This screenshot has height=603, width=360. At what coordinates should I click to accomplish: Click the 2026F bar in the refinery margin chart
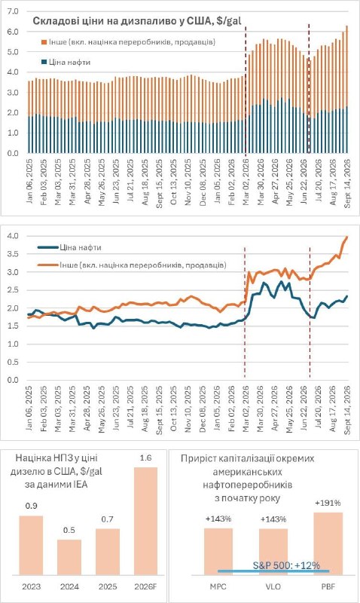tap(145, 521)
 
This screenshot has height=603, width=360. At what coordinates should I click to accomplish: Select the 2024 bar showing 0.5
tap(69, 557)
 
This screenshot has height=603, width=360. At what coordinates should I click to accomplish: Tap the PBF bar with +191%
tap(328, 543)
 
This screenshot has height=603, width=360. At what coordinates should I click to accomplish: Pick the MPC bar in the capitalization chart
tap(218, 552)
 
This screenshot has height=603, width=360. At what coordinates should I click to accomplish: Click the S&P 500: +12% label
tap(287, 565)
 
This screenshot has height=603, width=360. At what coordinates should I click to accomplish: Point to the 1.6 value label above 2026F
tap(146, 458)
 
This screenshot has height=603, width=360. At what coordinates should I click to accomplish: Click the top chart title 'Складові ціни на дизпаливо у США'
tap(130, 21)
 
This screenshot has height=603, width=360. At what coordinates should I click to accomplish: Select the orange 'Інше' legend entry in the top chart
tap(128, 42)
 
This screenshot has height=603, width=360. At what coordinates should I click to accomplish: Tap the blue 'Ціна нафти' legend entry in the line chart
tap(70, 248)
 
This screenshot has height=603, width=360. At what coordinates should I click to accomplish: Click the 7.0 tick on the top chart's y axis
tap(13, 11)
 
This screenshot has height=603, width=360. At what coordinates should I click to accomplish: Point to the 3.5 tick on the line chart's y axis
tap(13, 254)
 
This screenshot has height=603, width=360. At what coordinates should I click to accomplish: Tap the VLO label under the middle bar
tap(273, 587)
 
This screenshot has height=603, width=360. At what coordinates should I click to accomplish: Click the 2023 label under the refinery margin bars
tap(31, 587)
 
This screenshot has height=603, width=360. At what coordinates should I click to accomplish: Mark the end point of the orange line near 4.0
tap(347, 237)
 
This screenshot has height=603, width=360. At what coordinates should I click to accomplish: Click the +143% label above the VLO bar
tap(273, 519)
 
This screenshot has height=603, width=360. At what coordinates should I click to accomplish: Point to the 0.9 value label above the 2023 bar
tap(31, 506)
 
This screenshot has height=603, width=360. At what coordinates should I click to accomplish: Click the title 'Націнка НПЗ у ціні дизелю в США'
tap(56, 465)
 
